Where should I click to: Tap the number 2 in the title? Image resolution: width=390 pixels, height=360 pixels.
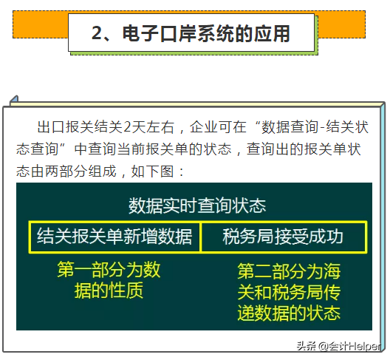tap(97, 33)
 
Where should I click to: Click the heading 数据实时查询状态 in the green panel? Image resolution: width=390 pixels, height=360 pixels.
tap(196, 205)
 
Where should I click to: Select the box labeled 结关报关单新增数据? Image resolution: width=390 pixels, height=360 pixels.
tap(114, 237)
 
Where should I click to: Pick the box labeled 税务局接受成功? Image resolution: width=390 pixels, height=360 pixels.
tap(283, 237)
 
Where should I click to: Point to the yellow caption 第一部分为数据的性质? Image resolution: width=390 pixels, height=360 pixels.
tap(109, 279)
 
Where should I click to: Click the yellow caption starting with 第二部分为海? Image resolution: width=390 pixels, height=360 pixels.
tap(289, 292)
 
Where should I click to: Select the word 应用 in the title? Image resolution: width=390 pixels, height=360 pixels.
tap(273, 33)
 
